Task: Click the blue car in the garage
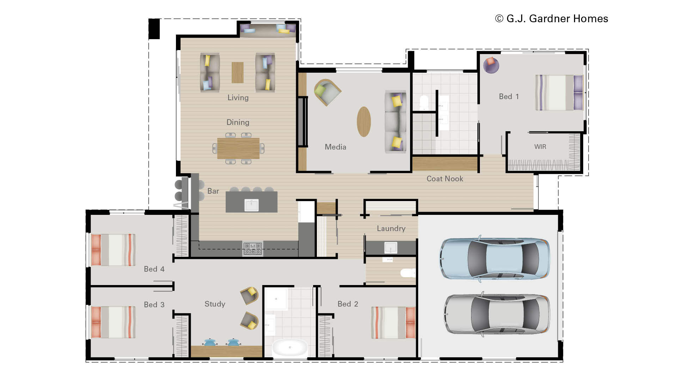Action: coord(495,259)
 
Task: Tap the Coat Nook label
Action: coord(445,179)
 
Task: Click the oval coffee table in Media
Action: coord(364,122)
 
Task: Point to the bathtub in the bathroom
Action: coord(290,347)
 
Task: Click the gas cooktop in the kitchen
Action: coord(253,249)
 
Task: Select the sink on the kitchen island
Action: coord(251,205)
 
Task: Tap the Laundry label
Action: coord(391,229)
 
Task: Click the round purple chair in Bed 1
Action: coord(491,65)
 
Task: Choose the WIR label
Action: coord(540,147)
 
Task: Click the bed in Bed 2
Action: coord(393,322)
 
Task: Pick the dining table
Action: coord(238,149)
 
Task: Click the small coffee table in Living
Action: coord(238,73)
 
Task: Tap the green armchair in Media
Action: coord(328,92)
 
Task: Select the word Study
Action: coord(215,304)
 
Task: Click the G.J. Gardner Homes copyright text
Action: coord(551,19)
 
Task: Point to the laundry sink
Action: coord(391,248)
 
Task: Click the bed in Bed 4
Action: coord(113,250)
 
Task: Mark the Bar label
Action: coord(213,191)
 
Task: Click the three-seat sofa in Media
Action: coord(395,122)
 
